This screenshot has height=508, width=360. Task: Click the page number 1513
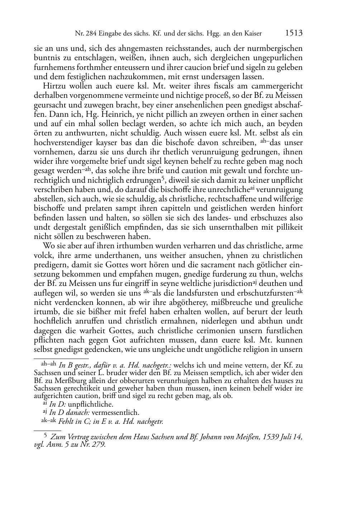click(x=294, y=33)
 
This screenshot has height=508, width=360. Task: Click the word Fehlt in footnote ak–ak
click(x=66, y=421)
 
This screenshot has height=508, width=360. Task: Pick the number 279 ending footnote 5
click(x=99, y=445)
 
